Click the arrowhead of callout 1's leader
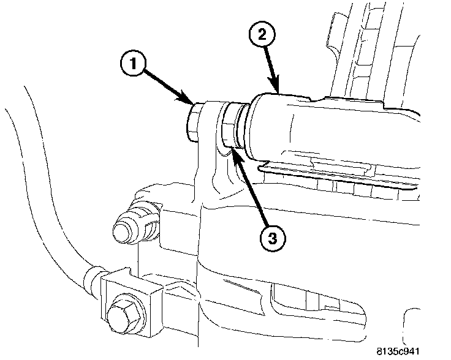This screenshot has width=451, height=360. click(x=192, y=102)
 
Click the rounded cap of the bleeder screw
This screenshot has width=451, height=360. click(x=121, y=230)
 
